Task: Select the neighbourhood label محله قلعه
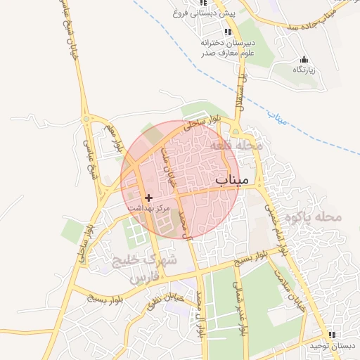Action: click(236, 146)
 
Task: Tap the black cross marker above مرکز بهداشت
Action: click(148, 198)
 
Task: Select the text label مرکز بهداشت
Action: click(149, 209)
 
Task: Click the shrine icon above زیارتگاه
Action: click(304, 59)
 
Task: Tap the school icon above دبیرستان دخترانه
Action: click(227, 32)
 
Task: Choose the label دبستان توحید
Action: click(333, 347)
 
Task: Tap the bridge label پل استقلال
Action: click(240, 96)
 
